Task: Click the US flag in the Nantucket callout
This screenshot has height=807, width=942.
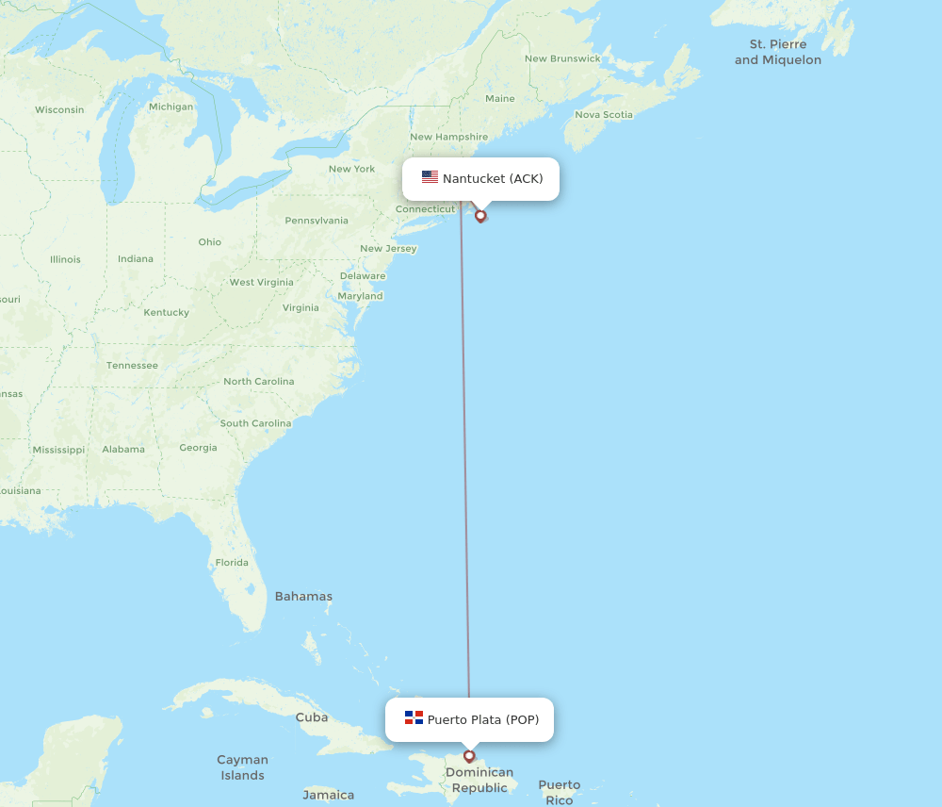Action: tap(430, 177)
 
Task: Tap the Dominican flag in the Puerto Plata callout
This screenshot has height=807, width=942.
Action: tap(414, 717)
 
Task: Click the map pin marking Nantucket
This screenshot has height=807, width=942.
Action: tap(480, 216)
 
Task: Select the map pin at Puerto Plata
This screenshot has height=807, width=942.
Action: tap(469, 756)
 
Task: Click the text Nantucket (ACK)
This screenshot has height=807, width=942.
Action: tap(493, 178)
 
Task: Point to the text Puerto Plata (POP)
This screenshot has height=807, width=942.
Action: tap(483, 719)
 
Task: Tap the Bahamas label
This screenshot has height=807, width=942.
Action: tap(303, 596)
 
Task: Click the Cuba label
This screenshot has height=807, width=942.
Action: tap(312, 716)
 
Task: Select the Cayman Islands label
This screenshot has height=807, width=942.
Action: tap(242, 767)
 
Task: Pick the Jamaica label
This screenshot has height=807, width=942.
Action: tap(329, 795)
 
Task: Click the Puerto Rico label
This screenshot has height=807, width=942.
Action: tap(560, 792)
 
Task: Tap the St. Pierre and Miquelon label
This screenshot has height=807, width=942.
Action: tap(778, 52)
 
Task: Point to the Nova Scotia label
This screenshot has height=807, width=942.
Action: tap(604, 114)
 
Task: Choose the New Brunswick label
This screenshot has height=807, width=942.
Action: tap(562, 58)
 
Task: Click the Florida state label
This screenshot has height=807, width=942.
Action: tap(232, 562)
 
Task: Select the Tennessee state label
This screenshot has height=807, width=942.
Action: tap(131, 365)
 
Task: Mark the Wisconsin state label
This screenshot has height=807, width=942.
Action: tap(59, 109)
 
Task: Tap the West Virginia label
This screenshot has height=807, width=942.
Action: tap(261, 282)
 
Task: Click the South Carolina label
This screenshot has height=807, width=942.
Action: tap(254, 423)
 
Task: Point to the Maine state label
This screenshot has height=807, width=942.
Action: tap(500, 98)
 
